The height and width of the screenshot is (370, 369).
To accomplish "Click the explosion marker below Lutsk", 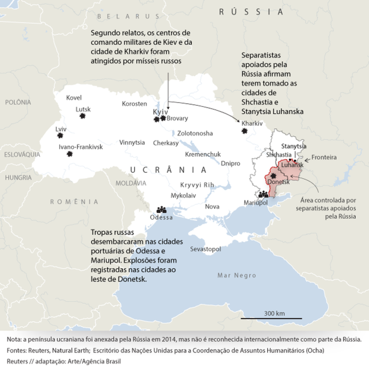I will coord(82,116).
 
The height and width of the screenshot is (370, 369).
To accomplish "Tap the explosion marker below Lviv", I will coord(60,135).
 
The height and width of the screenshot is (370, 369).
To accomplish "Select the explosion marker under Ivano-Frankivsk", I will coord(70,154).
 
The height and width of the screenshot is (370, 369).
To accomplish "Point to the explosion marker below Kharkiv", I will coord(244,131).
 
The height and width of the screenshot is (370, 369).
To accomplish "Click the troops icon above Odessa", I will coord(161,210).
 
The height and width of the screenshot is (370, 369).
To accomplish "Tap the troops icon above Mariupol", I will coord(264,194).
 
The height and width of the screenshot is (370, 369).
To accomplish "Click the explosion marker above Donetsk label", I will coord(273,176).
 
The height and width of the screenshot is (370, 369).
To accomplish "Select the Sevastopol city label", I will coord(205,249).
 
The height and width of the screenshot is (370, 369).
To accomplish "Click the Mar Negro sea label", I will coord(236,275).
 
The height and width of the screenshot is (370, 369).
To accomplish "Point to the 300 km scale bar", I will coord(271,318).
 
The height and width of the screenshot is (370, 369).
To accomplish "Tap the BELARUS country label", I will coord(128,16).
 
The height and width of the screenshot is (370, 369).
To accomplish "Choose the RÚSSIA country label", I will coord(251,12).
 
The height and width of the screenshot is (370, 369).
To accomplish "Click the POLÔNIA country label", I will coord(18,102).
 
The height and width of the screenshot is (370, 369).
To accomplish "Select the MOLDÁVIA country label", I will coord(131,183).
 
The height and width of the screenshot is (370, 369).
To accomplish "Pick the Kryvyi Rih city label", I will coord(197,185).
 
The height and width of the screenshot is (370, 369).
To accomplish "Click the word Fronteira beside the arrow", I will coord(324,157).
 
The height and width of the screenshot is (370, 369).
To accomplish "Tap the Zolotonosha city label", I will coord(195,133).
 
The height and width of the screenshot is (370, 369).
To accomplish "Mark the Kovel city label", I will coord(74,97).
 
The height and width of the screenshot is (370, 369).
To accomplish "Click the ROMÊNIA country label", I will coord(74,202).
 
